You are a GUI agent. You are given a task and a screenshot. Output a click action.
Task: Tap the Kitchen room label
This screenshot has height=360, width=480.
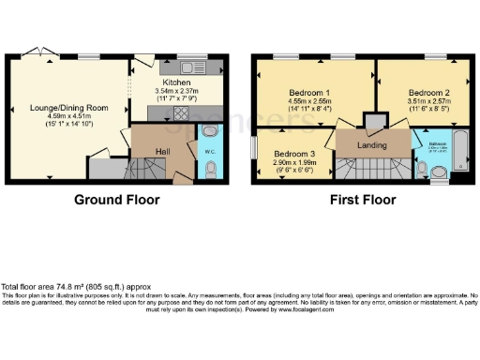pos(177,82)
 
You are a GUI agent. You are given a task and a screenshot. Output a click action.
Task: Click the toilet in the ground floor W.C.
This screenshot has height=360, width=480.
pos(209,169)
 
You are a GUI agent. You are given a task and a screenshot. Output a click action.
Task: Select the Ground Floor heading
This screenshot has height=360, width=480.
pos(117,200)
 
